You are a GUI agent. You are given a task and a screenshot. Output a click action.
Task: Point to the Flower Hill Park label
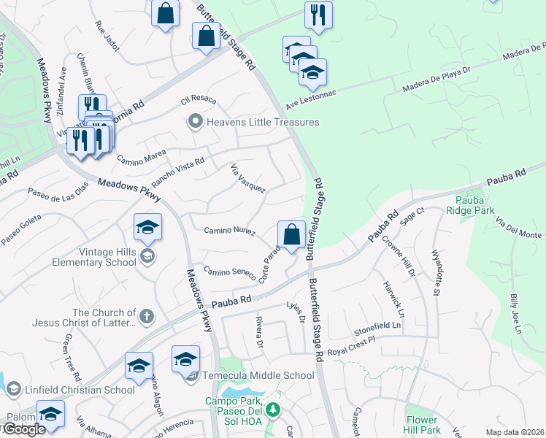pos(423,425)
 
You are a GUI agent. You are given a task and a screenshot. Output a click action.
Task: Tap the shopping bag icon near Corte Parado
pos(291,235)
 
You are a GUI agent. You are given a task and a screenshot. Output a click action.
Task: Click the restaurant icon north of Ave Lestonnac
pos(318,15)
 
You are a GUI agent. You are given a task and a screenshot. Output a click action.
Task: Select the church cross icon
pos(147,316)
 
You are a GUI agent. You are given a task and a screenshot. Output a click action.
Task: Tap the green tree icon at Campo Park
pos(272,410)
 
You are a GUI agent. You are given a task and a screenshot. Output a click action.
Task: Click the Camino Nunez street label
pos(229,231)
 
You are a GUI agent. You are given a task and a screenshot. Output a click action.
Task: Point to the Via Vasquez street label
pos(248,177)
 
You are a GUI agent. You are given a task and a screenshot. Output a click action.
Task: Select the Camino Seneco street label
pos(230,273)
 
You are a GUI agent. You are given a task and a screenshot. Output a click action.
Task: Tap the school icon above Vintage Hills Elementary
pos(147,227)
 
